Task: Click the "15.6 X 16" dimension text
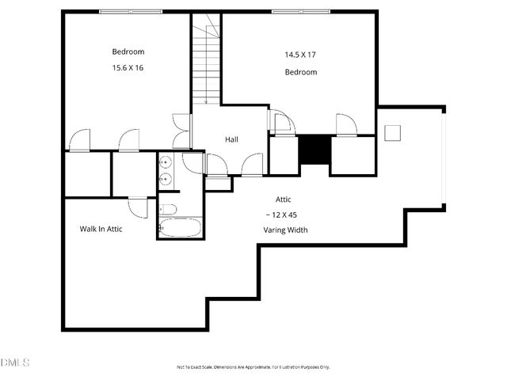pos(128,68)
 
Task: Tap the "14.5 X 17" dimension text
pos(300,55)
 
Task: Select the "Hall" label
pos(231,139)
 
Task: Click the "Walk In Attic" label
pos(101,229)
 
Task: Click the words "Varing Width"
pos(285,230)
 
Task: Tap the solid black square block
pos(314,150)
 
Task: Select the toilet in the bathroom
pos(167,210)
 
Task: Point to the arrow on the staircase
pos(206,99)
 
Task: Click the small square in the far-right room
pos(394,132)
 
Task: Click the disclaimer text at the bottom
pos(253,367)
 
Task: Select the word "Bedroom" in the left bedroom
pos(128,51)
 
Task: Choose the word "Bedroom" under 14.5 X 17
pos(300,72)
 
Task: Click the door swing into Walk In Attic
pos(138,207)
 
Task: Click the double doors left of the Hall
pos(181,131)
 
